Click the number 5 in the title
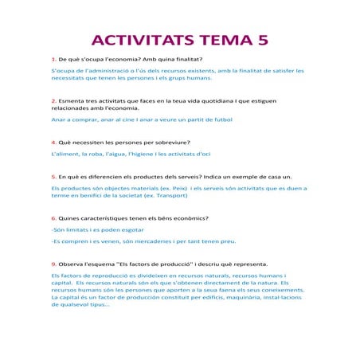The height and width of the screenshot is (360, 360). (x=263, y=41)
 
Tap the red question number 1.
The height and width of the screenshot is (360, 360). (x=53, y=60)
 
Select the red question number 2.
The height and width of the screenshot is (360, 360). (x=53, y=102)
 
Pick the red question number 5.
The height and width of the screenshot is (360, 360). (x=53, y=177)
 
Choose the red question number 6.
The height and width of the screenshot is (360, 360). (x=53, y=218)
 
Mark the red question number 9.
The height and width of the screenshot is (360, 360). (x=53, y=264)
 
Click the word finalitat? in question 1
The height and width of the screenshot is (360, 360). (x=186, y=60)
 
